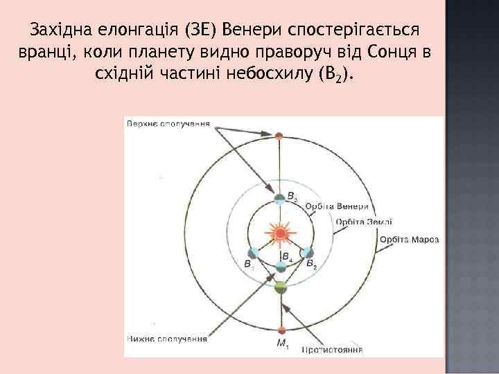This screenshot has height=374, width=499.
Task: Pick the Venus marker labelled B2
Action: tap(308, 253)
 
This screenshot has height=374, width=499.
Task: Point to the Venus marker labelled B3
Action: tap(280, 198)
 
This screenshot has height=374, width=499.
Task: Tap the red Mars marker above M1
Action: tap(281, 330)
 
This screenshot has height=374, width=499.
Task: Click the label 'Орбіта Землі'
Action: tap(364, 222)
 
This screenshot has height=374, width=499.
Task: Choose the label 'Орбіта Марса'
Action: tap(409, 240)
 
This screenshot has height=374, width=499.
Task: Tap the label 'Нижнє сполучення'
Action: tap(167, 339)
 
